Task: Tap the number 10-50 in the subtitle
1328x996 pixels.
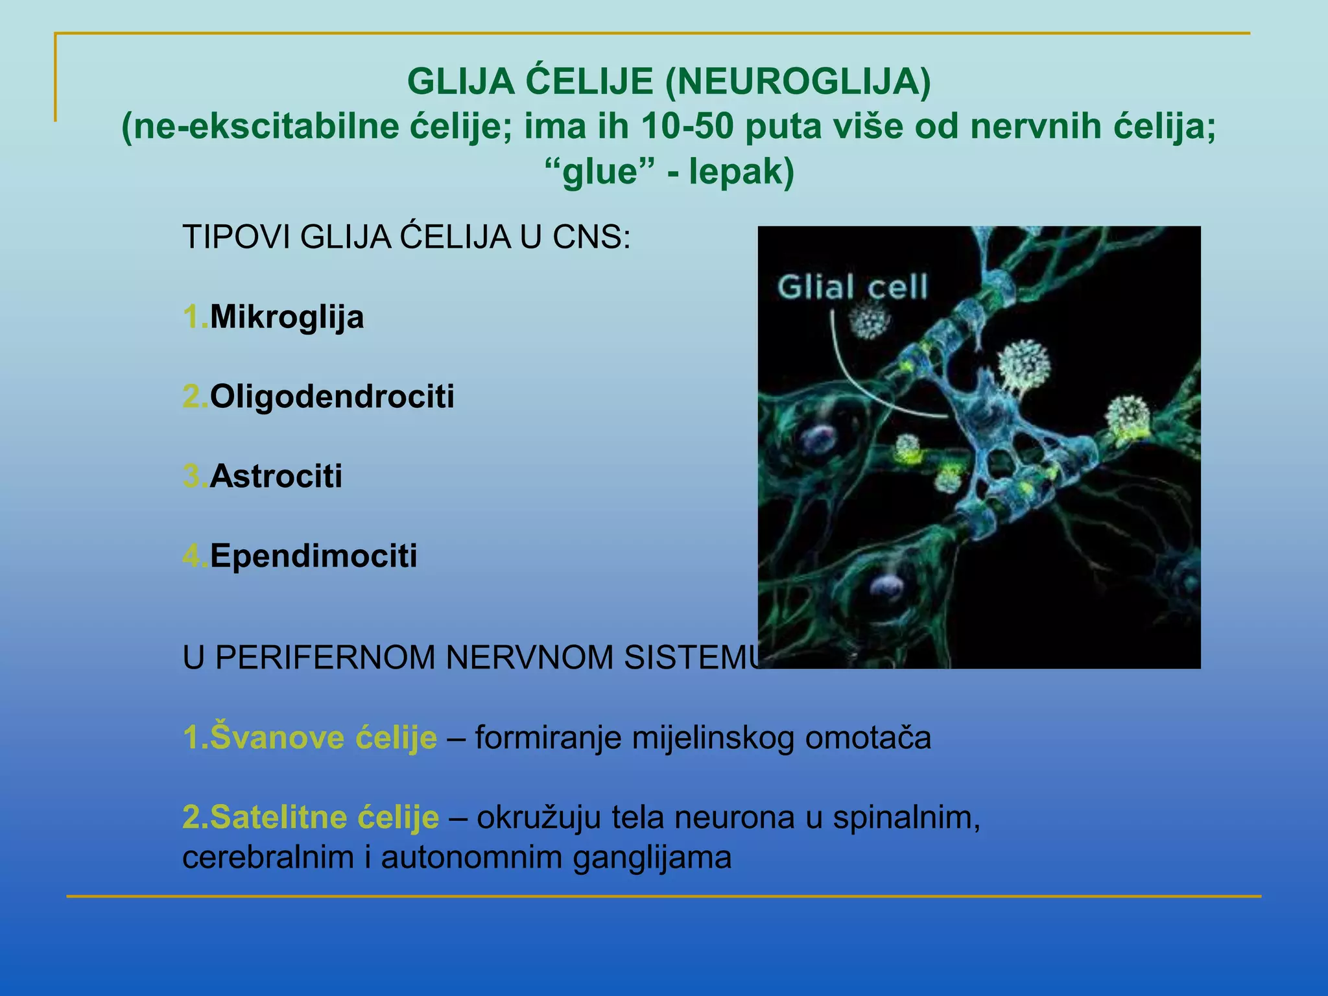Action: pyautogui.click(x=687, y=126)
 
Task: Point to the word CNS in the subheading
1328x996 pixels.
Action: pyautogui.click(x=591, y=237)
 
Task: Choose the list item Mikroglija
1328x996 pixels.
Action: pyautogui.click(x=287, y=317)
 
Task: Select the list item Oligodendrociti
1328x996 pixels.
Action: pyautogui.click(x=332, y=396)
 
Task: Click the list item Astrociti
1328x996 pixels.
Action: pyautogui.click(x=276, y=476)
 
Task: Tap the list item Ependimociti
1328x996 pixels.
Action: pyautogui.click(x=313, y=556)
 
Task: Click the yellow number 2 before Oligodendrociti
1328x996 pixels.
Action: pyautogui.click(x=192, y=396)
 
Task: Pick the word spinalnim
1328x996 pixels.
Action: pyautogui.click(x=905, y=817)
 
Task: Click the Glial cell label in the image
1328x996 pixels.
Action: pyautogui.click(x=853, y=287)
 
